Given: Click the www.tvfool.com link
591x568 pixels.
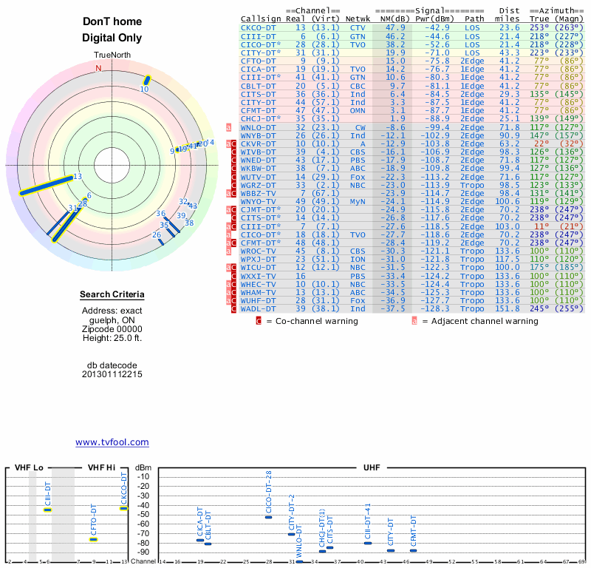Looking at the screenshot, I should click(112, 442).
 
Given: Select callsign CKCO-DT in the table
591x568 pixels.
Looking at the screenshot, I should click(259, 27).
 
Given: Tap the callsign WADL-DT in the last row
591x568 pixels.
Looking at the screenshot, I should click(259, 308).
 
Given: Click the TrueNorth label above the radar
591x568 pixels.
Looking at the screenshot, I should click(112, 55).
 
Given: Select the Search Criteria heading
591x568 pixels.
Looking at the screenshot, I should click(112, 296).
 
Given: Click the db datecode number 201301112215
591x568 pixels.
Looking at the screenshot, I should click(112, 374).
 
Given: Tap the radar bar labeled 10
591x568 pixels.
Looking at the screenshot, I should click(146, 80).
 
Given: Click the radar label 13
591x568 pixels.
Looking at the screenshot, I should click(78, 177).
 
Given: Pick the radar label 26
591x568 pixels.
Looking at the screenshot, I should click(157, 235).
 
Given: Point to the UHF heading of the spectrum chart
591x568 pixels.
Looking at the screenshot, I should click(372, 467).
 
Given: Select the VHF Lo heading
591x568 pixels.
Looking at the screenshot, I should click(30, 467).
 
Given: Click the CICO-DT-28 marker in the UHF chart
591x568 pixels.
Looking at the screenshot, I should click(269, 517).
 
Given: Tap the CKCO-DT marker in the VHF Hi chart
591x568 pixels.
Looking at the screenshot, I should click(123, 507).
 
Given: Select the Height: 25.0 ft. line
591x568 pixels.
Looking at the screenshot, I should click(112, 338).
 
